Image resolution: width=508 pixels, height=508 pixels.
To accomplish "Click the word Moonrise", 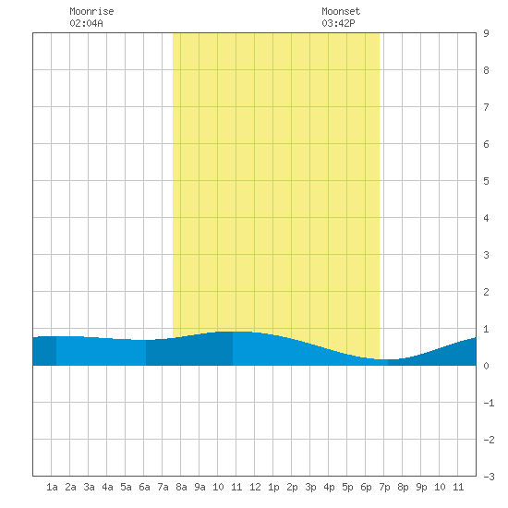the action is [x=91, y=11].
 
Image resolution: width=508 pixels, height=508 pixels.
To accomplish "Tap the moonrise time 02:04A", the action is [x=86, y=23].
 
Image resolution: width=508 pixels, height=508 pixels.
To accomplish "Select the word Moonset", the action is [x=341, y=11].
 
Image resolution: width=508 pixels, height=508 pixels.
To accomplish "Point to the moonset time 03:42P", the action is [x=338, y=23].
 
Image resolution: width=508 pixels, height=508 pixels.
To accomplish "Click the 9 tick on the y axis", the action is [x=486, y=33].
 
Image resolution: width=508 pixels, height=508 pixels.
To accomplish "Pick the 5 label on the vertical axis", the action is [x=486, y=181].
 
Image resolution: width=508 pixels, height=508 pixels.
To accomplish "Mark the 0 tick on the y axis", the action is [x=486, y=366].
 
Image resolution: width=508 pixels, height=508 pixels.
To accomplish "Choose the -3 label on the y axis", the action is [x=489, y=477].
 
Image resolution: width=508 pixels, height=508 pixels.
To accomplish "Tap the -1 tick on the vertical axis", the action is [x=489, y=403].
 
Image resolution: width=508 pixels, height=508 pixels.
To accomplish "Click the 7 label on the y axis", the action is [x=486, y=107].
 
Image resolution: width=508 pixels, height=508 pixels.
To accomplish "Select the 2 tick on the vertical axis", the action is [x=486, y=292].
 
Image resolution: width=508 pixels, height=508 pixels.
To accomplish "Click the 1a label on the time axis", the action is [x=52, y=487].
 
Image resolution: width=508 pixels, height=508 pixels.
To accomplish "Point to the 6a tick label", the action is [x=144, y=487].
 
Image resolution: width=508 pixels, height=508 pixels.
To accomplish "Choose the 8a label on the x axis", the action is [x=181, y=487].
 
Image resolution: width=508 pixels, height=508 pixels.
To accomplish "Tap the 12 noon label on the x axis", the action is [x=255, y=487].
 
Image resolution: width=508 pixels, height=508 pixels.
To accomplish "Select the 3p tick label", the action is [x=310, y=487].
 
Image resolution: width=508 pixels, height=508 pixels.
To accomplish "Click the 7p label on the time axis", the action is [x=384, y=487].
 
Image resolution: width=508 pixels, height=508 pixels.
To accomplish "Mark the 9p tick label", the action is [x=421, y=487].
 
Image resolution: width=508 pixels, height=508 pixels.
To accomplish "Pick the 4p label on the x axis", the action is [x=329, y=487].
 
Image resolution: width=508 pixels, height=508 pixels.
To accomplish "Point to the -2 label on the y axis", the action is [x=489, y=440].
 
